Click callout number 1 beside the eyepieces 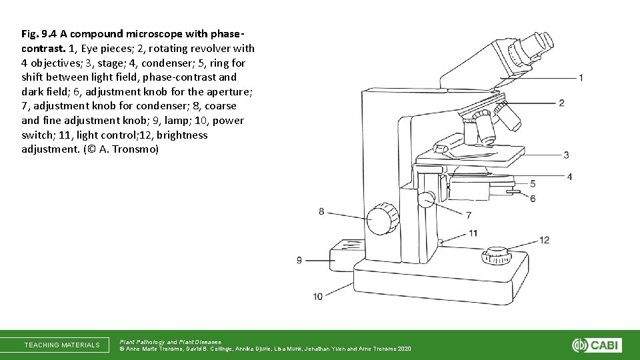tap(581, 78)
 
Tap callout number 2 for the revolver tap(562, 103)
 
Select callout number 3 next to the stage tap(566, 155)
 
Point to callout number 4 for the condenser tap(569, 177)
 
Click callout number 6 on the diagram tap(533, 198)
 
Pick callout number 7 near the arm tap(469, 215)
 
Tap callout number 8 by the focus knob tap(321, 211)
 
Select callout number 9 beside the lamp tap(299, 260)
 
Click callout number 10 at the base tap(317, 296)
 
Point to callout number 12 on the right tap(544, 240)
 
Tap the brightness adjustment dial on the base tap(495, 255)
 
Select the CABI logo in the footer tap(597, 345)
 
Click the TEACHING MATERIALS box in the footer tap(62, 345)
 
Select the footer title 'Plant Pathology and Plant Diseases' tap(169, 341)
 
